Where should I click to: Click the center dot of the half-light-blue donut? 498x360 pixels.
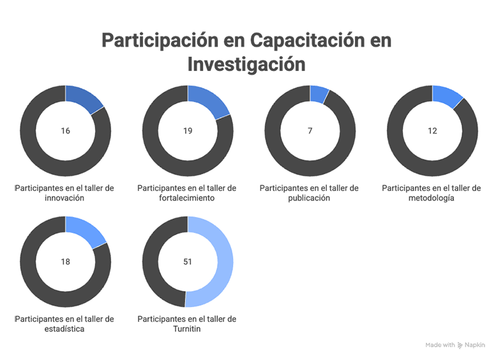(188, 262)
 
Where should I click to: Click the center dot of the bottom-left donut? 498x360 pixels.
(65, 262)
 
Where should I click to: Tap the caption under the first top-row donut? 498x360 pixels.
(65, 184)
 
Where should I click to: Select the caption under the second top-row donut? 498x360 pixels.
(188, 186)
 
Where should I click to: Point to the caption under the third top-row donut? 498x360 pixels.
(310, 185)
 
